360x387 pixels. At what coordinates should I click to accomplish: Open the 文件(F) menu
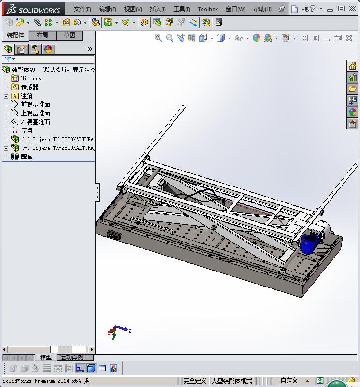(82, 9)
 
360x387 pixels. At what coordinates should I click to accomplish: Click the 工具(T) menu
(182, 9)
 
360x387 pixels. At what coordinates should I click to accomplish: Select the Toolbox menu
(208, 9)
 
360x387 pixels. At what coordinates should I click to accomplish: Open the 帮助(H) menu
(262, 9)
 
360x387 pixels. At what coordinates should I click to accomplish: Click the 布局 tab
(43, 35)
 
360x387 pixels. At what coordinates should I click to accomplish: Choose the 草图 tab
(70, 35)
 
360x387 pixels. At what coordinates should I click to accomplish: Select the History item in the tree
(31, 78)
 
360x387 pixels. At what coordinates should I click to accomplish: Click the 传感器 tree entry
(29, 87)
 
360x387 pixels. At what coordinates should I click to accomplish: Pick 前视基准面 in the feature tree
(35, 104)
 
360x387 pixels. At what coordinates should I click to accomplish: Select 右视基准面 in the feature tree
(35, 122)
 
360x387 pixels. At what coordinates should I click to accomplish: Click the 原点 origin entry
(27, 130)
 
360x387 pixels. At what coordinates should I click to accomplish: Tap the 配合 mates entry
(27, 157)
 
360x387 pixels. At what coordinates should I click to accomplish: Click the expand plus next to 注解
(6, 96)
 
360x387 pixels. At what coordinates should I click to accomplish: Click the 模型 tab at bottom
(46, 358)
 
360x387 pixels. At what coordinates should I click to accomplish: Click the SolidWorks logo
(33, 9)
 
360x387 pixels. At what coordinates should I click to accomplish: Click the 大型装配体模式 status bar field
(231, 381)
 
